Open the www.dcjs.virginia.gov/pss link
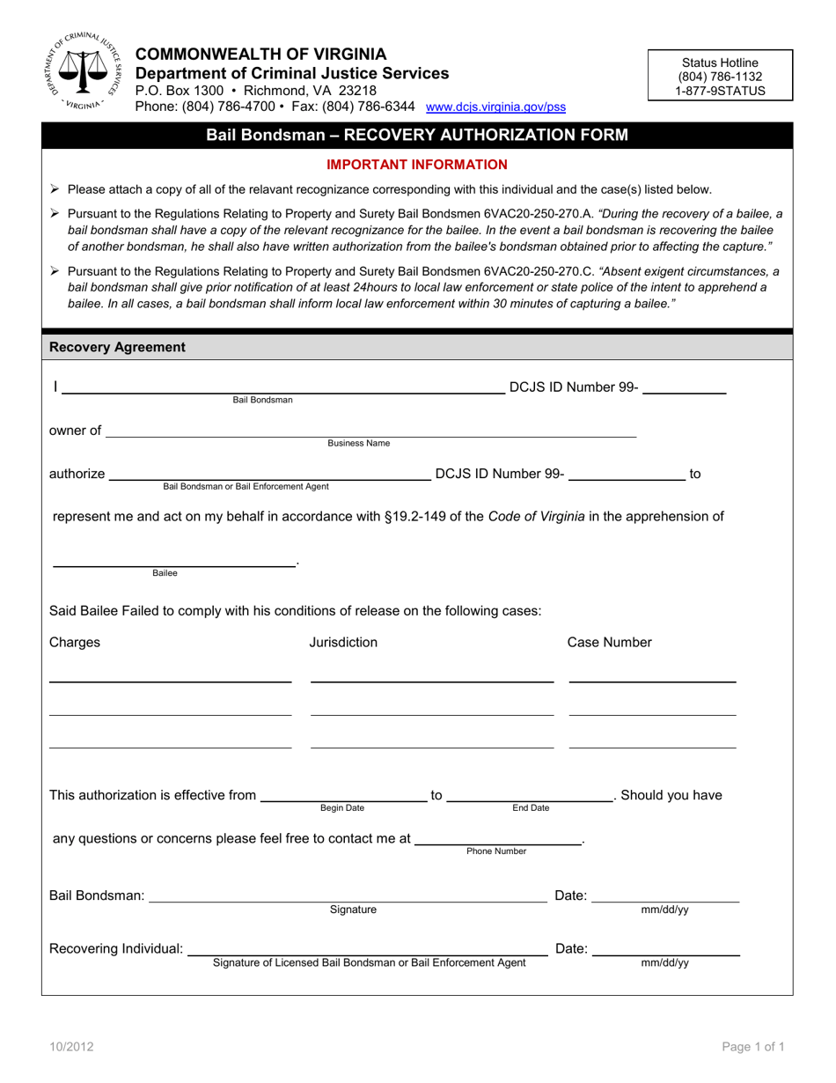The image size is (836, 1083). point(495,107)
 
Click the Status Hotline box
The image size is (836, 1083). point(720,77)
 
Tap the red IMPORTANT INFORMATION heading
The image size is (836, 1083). point(417,164)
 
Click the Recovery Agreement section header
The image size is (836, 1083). point(118,347)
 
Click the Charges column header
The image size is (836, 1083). point(75,642)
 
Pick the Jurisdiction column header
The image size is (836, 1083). point(343,642)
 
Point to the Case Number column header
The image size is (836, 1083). point(609,642)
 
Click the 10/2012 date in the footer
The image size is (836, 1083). point(72,1047)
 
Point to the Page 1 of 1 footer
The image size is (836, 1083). point(752,1047)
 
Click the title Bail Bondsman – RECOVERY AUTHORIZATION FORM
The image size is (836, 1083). point(417,135)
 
